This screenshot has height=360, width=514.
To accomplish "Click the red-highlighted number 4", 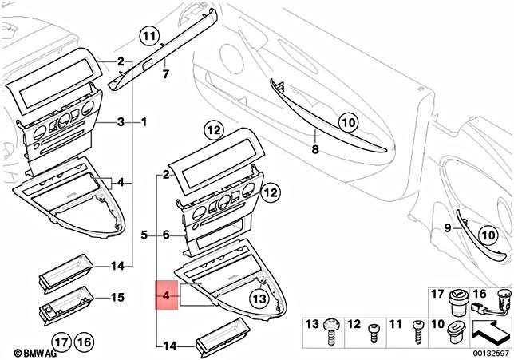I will click(165, 297).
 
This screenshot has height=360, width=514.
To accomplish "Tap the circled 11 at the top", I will click(148, 36).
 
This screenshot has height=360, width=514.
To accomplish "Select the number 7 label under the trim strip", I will click(166, 75).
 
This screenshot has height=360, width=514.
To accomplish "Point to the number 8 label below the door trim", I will click(314, 148).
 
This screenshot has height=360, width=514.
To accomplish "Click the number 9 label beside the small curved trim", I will click(447, 229).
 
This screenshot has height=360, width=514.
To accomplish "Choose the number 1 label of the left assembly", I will click(144, 122).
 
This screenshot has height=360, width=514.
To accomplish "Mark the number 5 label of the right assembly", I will click(144, 235).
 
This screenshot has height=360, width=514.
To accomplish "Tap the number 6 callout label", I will click(166, 235).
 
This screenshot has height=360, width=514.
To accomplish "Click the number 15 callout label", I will click(117, 298).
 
